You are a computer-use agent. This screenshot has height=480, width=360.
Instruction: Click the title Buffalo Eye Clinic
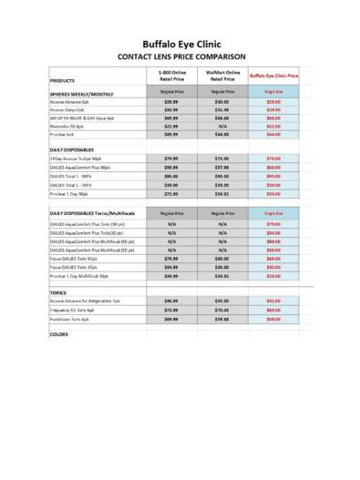pos(180,43)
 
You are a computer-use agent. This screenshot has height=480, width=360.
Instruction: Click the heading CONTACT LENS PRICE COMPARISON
pos(180,56)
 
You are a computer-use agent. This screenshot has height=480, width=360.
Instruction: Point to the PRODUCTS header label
pos(63,81)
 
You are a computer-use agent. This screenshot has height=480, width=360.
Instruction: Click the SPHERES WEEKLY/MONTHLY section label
pos(82,94)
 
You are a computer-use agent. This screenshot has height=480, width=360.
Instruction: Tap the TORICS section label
pos(59,291)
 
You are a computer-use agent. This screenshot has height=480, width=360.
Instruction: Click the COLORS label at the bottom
pos(59,334)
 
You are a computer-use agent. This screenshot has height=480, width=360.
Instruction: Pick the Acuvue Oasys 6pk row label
pos(68,109)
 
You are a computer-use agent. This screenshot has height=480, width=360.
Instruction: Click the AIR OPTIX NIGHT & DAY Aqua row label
pos(82,117)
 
